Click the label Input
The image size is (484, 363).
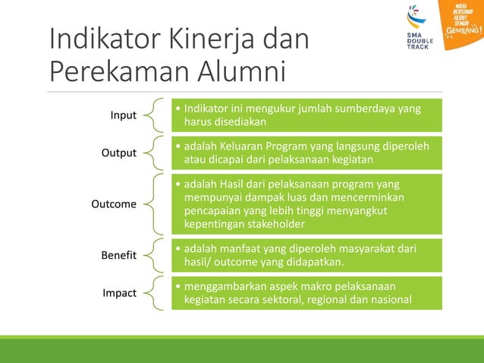124,115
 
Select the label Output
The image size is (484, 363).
119,153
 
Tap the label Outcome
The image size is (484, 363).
114,204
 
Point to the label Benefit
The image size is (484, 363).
119,256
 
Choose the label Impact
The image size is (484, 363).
121,293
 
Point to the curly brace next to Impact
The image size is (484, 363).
154,293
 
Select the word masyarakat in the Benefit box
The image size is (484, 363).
355,249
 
